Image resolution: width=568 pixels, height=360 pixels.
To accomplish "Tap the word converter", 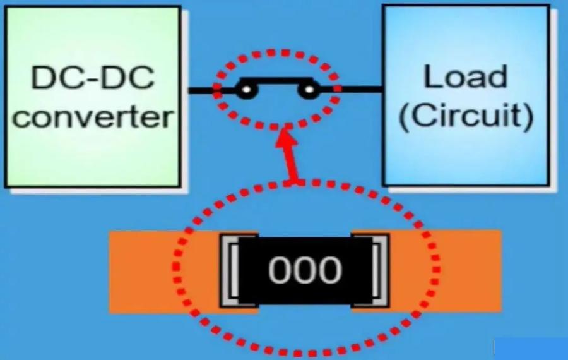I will click(92, 117).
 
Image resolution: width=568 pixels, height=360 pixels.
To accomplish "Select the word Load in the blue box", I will click(466, 77).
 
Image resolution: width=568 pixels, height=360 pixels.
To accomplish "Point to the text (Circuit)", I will click(466, 116).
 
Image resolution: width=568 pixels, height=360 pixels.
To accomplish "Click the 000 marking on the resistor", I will click(305, 270).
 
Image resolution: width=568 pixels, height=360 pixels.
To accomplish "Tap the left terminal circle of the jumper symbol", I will click(246, 92).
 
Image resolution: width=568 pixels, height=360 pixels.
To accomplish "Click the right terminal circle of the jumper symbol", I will click(307, 92).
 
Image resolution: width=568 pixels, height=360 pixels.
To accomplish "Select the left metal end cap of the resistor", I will click(230, 270).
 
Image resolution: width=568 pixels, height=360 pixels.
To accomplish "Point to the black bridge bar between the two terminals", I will click(276, 81).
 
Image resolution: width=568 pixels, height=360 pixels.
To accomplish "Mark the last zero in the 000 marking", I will click(330, 270).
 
